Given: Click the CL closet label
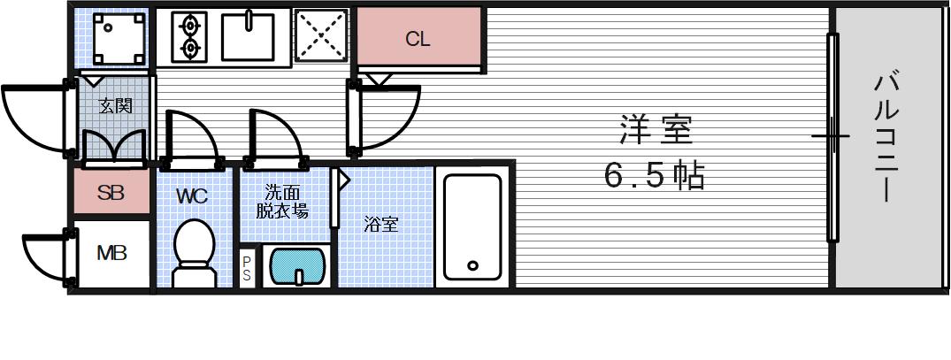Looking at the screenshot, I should coord(418,40).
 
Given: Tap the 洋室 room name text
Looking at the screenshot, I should coord(654,132).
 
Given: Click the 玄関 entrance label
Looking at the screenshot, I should coord(115,106).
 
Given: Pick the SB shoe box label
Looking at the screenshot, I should coord(111,192).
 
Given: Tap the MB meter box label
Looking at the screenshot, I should coord(111,254).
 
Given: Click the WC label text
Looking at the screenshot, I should coord(192,196).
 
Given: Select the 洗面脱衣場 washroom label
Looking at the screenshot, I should coord(283,202).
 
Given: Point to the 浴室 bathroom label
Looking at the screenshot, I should coord(381,225).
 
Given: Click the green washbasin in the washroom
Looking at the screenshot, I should coord(298,265).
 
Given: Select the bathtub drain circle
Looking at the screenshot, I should coord(472,265).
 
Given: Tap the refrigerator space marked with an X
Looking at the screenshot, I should coord(319,37).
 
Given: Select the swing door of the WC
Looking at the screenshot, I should coord(188,137).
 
